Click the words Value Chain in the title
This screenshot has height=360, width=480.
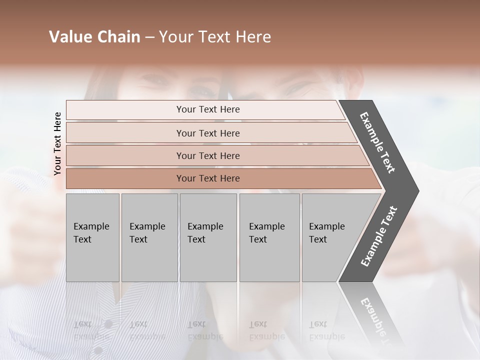tap(94, 37)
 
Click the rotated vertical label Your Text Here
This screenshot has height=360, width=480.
tap(57, 143)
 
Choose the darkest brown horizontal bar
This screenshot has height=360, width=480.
tap(125, 178)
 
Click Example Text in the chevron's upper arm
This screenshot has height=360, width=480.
tap(377, 142)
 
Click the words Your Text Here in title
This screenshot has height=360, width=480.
tap(215, 37)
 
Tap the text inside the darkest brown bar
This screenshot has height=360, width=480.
tap(208, 178)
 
